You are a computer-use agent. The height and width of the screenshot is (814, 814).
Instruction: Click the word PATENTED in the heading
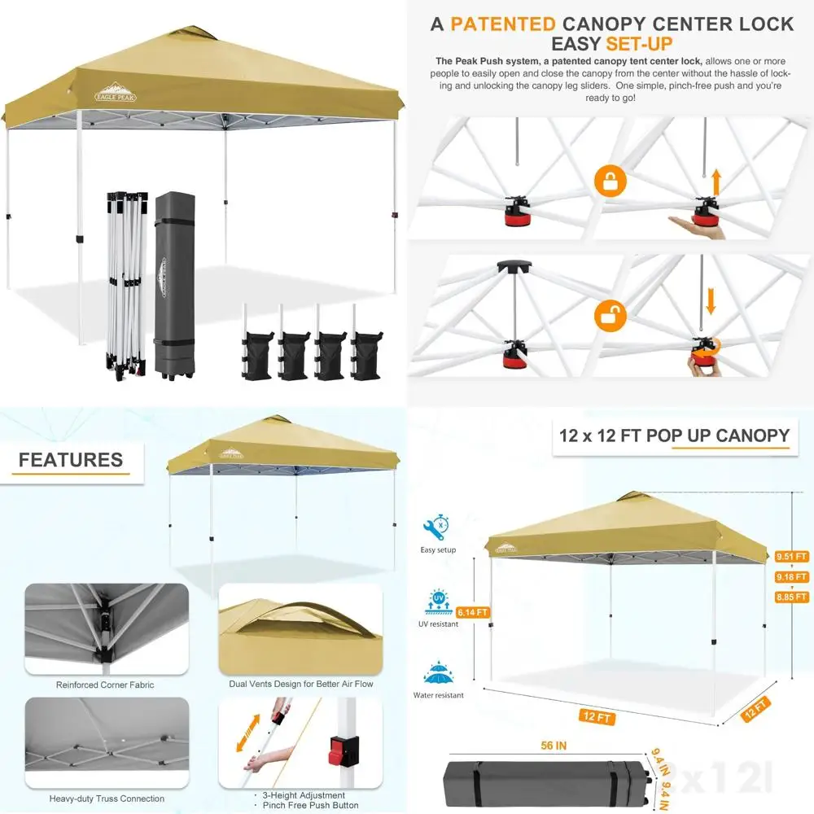pyautogui.click(x=503, y=23)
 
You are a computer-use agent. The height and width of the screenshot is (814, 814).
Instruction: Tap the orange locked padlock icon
pyautogui.click(x=609, y=181)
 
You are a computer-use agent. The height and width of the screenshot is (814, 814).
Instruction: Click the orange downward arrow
pyautogui.click(x=711, y=300)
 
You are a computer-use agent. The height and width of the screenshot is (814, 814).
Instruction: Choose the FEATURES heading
pyautogui.click(x=71, y=460)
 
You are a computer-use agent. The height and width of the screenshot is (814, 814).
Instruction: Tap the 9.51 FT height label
pyautogui.click(x=790, y=557)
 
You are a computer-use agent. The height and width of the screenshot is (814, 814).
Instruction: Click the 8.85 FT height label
pyautogui.click(x=790, y=596)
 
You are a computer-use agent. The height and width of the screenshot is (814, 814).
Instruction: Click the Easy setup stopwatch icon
pyautogui.click(x=439, y=526)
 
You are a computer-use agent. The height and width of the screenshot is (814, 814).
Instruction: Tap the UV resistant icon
pyautogui.click(x=439, y=603)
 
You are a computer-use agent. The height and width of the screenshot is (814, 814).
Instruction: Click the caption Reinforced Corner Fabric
pyautogui.click(x=105, y=685)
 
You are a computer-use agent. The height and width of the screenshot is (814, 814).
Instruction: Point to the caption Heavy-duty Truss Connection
pyautogui.click(x=107, y=799)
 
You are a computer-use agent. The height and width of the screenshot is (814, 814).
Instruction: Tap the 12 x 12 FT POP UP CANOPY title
pyautogui.click(x=674, y=435)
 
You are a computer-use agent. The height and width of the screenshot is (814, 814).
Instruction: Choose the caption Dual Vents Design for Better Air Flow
pyautogui.click(x=301, y=684)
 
